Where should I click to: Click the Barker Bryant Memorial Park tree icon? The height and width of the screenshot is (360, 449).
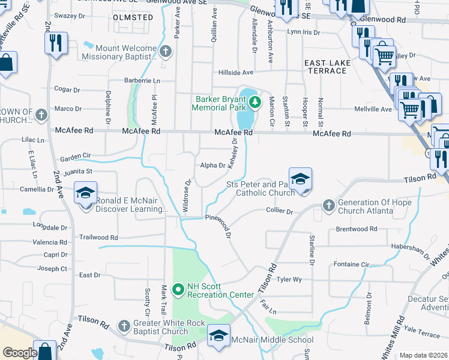pyautogui.click(x=255, y=102)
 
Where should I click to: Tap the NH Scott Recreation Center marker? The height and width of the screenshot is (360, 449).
pyautogui.click(x=178, y=290)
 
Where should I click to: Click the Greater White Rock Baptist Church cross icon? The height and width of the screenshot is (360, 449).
pyautogui.click(x=123, y=326)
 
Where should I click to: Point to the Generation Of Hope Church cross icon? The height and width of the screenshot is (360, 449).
pyautogui.click(x=328, y=206)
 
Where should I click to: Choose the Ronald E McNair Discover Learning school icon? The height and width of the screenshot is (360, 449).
pyautogui.click(x=85, y=195)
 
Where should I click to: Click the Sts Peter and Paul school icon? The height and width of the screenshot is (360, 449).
pyautogui.click(x=300, y=179)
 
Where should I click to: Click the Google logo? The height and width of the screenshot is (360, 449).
pyautogui.click(x=20, y=353)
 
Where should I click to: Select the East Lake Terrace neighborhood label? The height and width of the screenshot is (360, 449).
pyautogui.click(x=325, y=67)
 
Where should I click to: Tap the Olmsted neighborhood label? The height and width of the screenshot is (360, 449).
pyautogui.click(x=133, y=17)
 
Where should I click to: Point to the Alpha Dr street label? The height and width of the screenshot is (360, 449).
pyautogui.click(x=212, y=165)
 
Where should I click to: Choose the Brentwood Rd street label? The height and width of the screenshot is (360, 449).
pyautogui.click(x=357, y=229)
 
